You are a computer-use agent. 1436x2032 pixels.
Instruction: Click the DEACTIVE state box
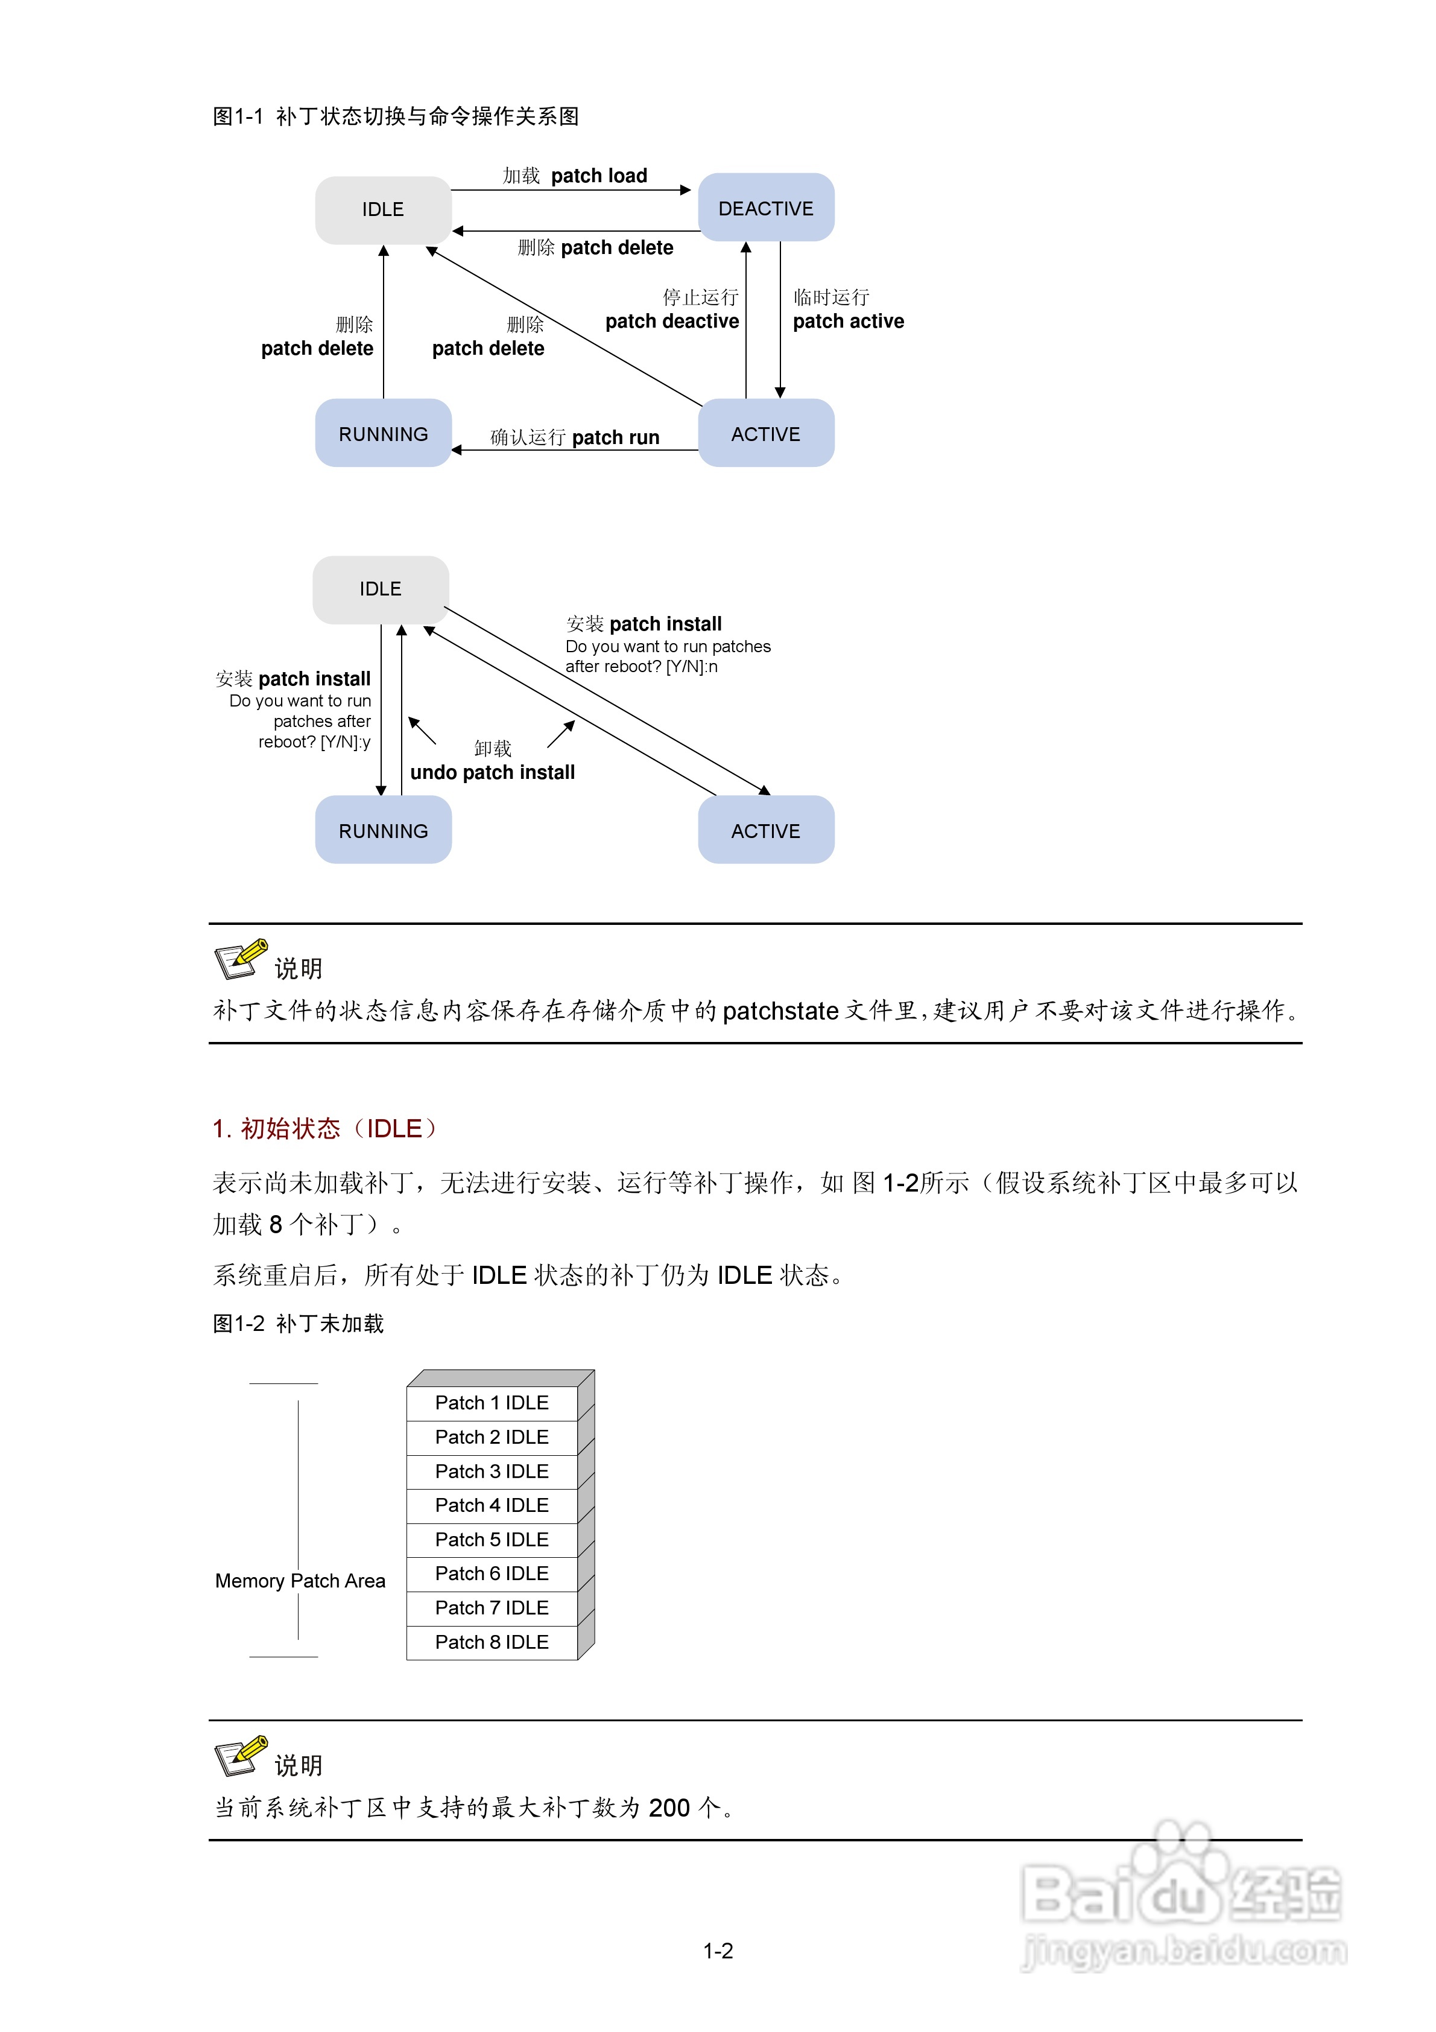click(765, 208)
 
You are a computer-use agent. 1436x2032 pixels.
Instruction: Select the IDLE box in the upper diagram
click(382, 210)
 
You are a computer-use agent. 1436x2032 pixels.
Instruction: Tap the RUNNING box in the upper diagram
click(382, 434)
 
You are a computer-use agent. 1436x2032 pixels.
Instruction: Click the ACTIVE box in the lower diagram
click(765, 830)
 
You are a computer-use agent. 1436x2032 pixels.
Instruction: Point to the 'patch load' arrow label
click(599, 175)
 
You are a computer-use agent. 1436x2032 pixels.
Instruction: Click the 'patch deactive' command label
click(671, 321)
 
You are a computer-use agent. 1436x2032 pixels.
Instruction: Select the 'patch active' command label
click(847, 321)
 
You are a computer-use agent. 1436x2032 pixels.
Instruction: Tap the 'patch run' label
click(615, 437)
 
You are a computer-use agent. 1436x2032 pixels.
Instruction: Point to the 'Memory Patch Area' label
click(300, 1581)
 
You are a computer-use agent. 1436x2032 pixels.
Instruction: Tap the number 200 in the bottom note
click(669, 1807)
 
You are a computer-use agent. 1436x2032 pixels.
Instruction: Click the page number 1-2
click(718, 1951)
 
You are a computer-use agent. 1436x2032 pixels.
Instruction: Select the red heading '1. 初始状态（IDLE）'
click(324, 1128)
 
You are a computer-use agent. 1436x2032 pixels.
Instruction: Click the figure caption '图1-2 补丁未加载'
click(298, 1323)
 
